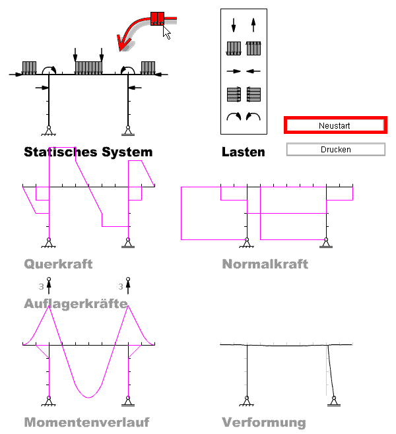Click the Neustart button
(x=335, y=125)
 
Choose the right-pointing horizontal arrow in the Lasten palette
(x=234, y=71)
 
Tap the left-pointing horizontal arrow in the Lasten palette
(x=252, y=71)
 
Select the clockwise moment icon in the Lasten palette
(x=234, y=117)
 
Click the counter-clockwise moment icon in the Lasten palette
(x=252, y=117)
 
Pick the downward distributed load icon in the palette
(x=234, y=48)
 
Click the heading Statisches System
(x=88, y=152)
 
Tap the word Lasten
(x=244, y=152)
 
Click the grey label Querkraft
(x=58, y=264)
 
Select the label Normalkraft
(x=265, y=264)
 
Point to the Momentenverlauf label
(x=86, y=422)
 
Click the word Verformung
(x=264, y=422)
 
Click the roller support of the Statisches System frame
(x=127, y=130)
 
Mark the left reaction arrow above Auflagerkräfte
(x=48, y=286)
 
